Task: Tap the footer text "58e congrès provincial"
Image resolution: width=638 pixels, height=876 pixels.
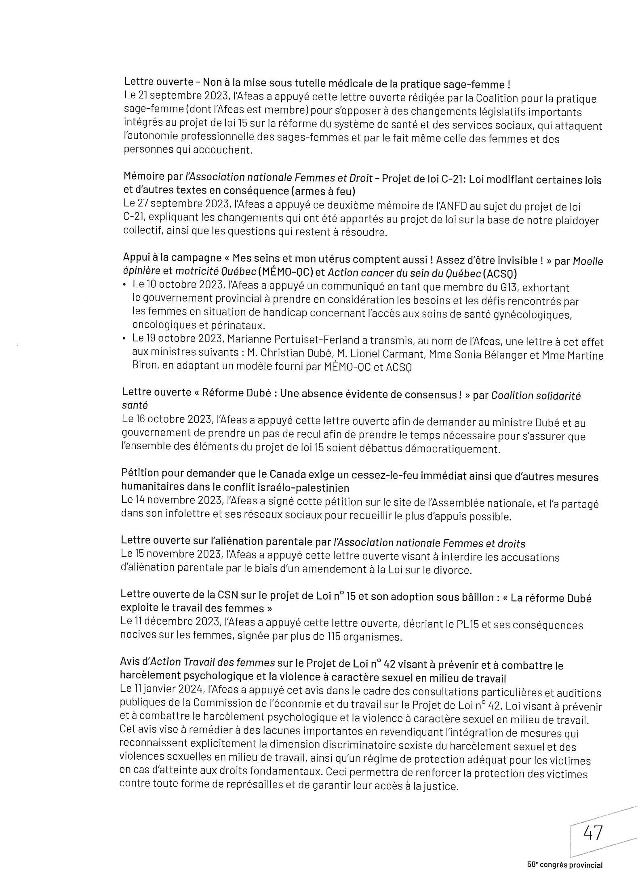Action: click(x=564, y=865)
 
